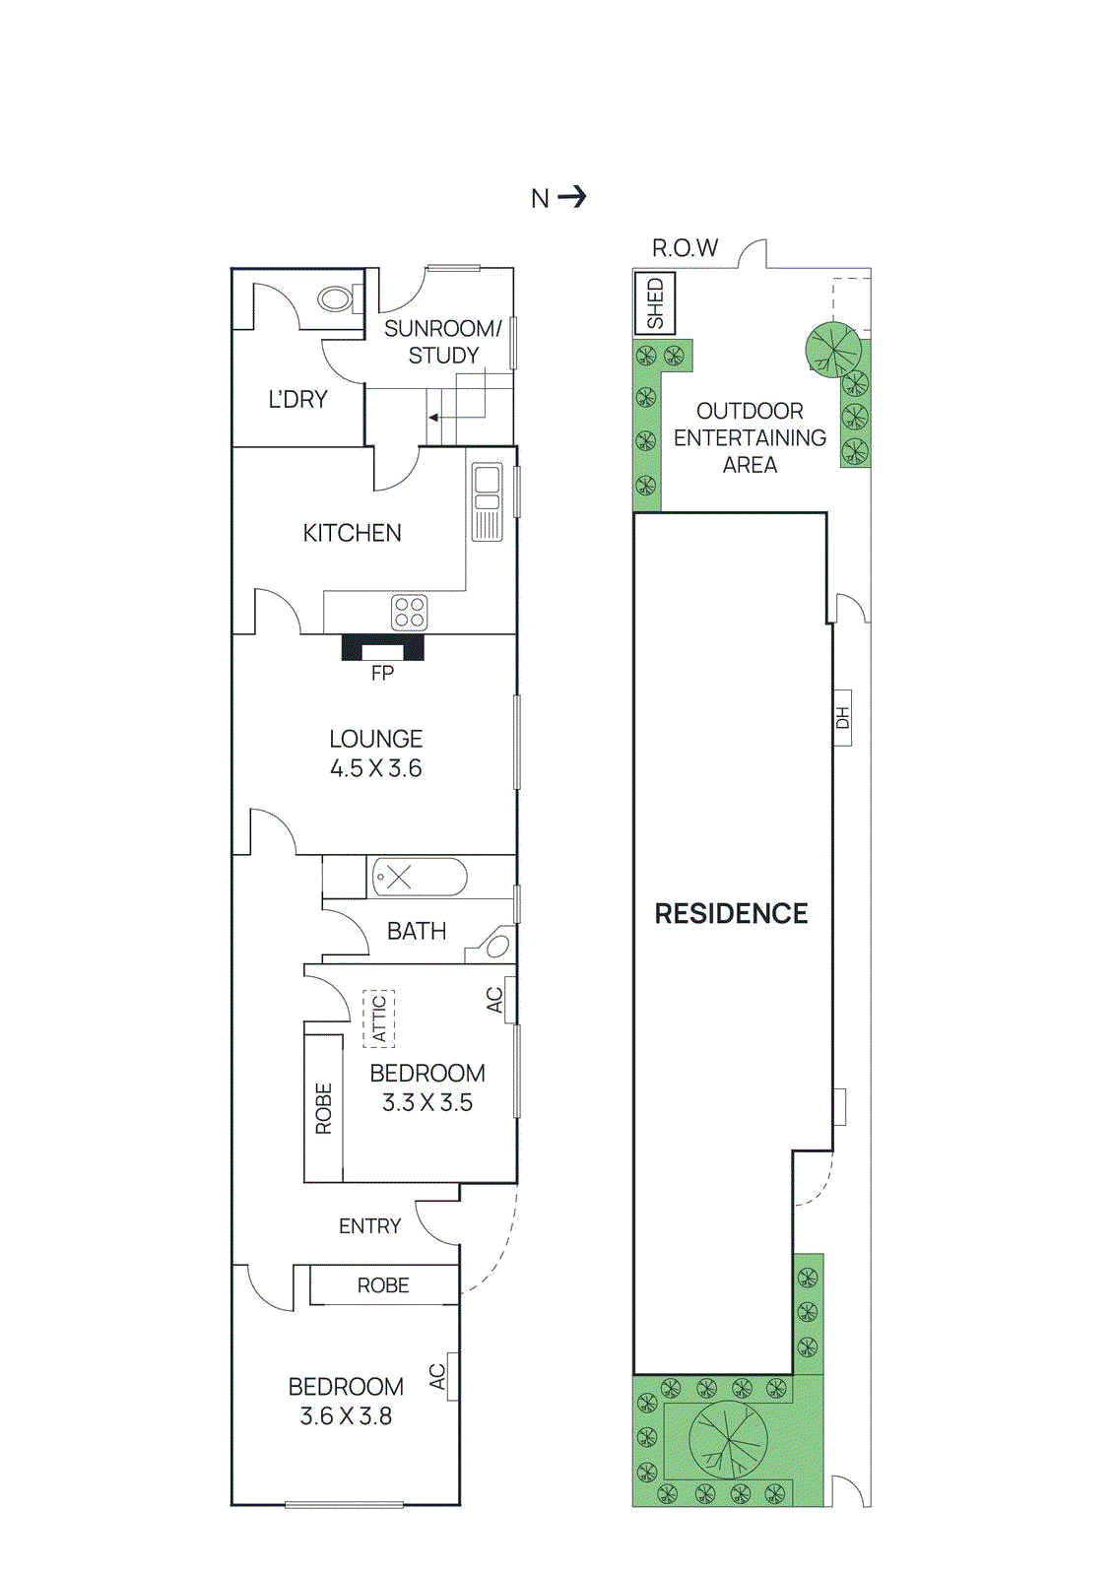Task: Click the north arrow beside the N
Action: tap(572, 197)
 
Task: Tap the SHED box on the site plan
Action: tap(654, 303)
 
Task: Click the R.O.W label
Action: tap(685, 248)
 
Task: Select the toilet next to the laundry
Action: tap(336, 297)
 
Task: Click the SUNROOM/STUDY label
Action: tap(442, 342)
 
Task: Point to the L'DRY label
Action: tap(297, 399)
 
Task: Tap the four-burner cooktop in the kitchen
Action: tap(409, 612)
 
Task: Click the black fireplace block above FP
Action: tap(382, 647)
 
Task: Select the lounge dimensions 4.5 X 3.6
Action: tap(375, 768)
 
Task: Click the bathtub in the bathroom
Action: tap(419, 877)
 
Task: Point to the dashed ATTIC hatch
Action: tap(378, 1018)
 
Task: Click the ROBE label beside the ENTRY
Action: tap(383, 1285)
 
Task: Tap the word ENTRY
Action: tap(369, 1226)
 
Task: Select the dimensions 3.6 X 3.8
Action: tap(346, 1416)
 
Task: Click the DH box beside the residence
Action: tap(842, 718)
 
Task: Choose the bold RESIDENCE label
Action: tap(731, 913)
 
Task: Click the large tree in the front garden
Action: tap(728, 1440)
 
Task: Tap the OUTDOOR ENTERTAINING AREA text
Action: tap(750, 437)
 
